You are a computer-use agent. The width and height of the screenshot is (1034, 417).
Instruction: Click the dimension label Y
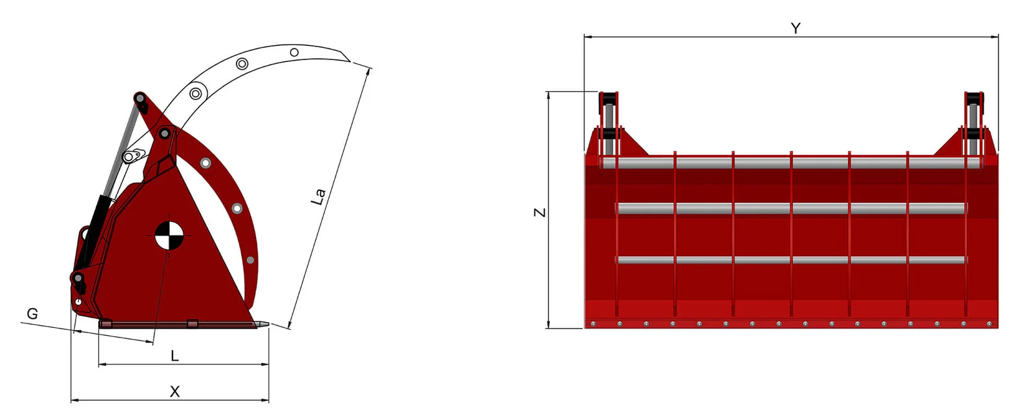click(796, 28)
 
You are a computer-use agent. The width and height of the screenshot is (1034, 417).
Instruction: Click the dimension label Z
click(540, 212)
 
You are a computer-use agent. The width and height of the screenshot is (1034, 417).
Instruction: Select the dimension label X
click(174, 392)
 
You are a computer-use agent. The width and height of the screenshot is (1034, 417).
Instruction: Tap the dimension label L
click(174, 356)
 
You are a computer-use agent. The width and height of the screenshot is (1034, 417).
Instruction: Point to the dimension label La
click(319, 196)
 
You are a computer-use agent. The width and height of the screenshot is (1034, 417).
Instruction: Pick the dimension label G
click(32, 314)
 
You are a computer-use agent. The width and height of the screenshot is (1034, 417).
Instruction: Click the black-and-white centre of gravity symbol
click(167, 235)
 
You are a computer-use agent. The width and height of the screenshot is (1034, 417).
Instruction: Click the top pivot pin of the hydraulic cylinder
click(140, 97)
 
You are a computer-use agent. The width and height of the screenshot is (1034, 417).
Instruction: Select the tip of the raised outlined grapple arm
click(349, 60)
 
